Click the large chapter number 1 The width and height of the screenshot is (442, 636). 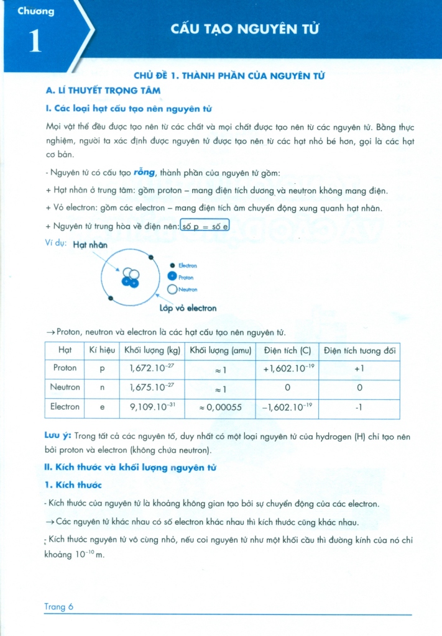point(35,40)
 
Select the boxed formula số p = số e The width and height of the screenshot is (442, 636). point(205,227)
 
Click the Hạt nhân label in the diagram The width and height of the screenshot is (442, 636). point(90,245)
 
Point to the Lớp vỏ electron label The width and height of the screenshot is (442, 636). point(188,308)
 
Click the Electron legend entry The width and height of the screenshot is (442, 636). point(187,266)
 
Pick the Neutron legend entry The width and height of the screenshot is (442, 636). point(187,289)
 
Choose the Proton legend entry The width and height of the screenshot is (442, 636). point(186,278)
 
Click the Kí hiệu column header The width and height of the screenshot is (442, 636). point(102,351)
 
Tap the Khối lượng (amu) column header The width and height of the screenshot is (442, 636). point(221,351)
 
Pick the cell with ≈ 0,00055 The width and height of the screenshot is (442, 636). point(221,408)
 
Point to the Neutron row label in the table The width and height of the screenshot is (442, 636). point(65,388)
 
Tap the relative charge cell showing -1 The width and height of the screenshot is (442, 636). point(359,408)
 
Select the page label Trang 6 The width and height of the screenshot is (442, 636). point(59,607)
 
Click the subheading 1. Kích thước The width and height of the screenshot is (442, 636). point(73,484)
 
